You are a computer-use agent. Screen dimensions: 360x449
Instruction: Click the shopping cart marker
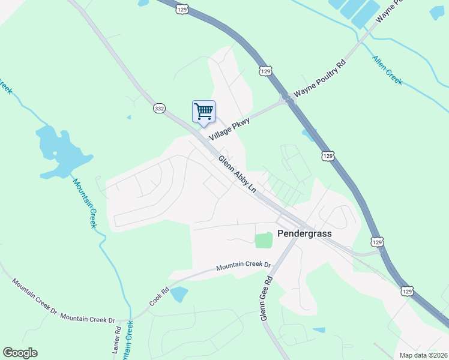203,112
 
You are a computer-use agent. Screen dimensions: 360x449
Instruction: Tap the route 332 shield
159,108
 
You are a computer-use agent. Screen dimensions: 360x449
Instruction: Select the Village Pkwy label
228,128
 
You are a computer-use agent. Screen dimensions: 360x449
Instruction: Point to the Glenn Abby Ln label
237,175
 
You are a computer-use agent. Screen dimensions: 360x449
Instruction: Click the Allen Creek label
387,70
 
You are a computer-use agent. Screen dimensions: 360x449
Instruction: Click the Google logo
20,353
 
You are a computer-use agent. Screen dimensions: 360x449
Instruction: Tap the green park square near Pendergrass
264,240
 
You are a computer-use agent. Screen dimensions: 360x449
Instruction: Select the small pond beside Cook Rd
179,294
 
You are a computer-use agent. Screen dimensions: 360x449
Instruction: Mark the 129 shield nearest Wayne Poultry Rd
266,71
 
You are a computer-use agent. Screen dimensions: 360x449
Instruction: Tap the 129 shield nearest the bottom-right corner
407,291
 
